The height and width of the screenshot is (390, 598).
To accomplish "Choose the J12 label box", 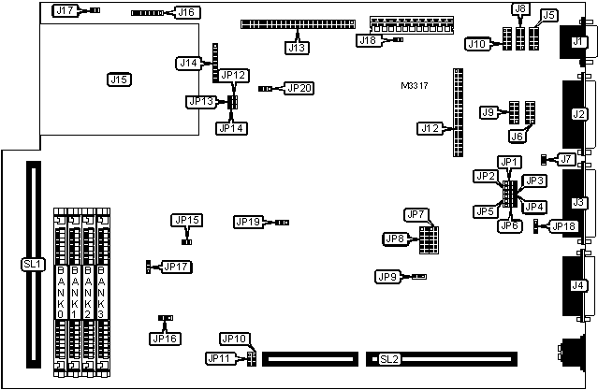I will click(430, 127).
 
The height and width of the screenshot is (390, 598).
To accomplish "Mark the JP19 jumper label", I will click(248, 222).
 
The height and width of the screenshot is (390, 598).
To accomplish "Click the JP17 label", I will click(176, 267).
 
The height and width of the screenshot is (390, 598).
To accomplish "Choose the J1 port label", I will click(577, 42).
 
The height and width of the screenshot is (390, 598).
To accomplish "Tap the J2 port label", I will click(578, 114).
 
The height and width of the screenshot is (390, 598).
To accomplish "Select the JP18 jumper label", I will click(564, 225).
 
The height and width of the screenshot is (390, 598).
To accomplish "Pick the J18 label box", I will click(368, 40).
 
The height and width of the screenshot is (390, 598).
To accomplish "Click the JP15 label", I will click(186, 220).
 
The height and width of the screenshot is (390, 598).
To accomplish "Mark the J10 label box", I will click(477, 43).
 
